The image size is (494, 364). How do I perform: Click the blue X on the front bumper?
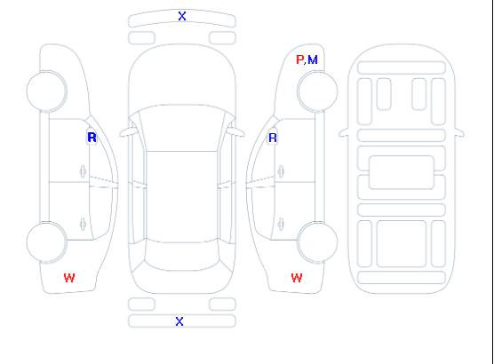pyautogui.click(x=182, y=16)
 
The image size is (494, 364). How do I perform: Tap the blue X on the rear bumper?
pyautogui.click(x=179, y=321)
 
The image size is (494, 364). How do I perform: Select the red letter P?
pyautogui.click(x=299, y=59)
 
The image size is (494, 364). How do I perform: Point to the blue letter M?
pyautogui.click(x=313, y=59)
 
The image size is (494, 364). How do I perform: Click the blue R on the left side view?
pyautogui.click(x=92, y=138)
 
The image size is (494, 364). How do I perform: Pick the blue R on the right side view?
pyautogui.click(x=273, y=138)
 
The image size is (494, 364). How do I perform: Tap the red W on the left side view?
pyautogui.click(x=69, y=278)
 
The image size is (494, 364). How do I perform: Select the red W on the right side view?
pyautogui.click(x=297, y=278)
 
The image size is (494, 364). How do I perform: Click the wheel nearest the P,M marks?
pyautogui.click(x=317, y=91)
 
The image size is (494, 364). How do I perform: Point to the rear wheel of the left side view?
pyautogui.click(x=46, y=241)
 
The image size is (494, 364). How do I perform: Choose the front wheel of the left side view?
pyautogui.click(x=46, y=91)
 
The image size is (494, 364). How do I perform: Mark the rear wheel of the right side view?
pyautogui.click(x=317, y=241)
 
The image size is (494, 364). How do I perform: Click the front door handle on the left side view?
pyautogui.click(x=83, y=171)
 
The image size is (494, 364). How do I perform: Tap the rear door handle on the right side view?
pyautogui.click(x=281, y=224)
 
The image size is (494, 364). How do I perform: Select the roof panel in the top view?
pyautogui.click(x=182, y=197)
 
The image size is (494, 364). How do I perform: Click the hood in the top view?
pyautogui.click(x=182, y=75)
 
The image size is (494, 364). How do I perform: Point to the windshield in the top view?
pyautogui.click(x=182, y=128)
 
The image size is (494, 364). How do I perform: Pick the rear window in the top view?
pyautogui.click(x=182, y=256)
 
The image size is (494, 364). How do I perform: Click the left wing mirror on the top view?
pyautogui.click(x=127, y=132)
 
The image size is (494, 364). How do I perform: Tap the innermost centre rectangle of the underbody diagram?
pyautogui.click(x=401, y=172)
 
